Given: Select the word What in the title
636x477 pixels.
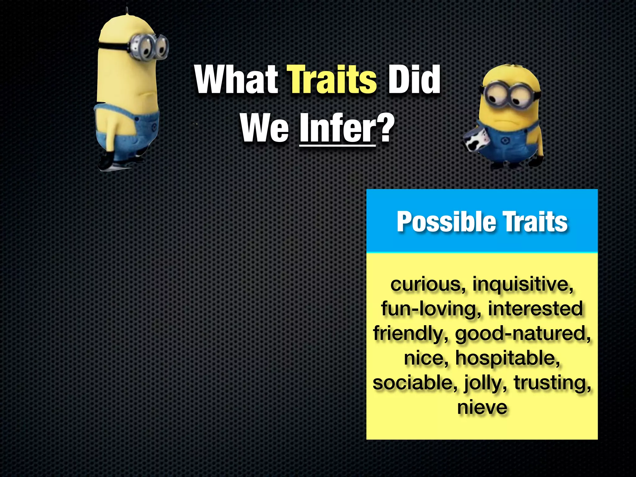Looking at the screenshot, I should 237,80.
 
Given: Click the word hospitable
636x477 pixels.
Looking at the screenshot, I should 508,358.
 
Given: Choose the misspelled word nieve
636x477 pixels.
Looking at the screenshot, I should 482,407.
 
